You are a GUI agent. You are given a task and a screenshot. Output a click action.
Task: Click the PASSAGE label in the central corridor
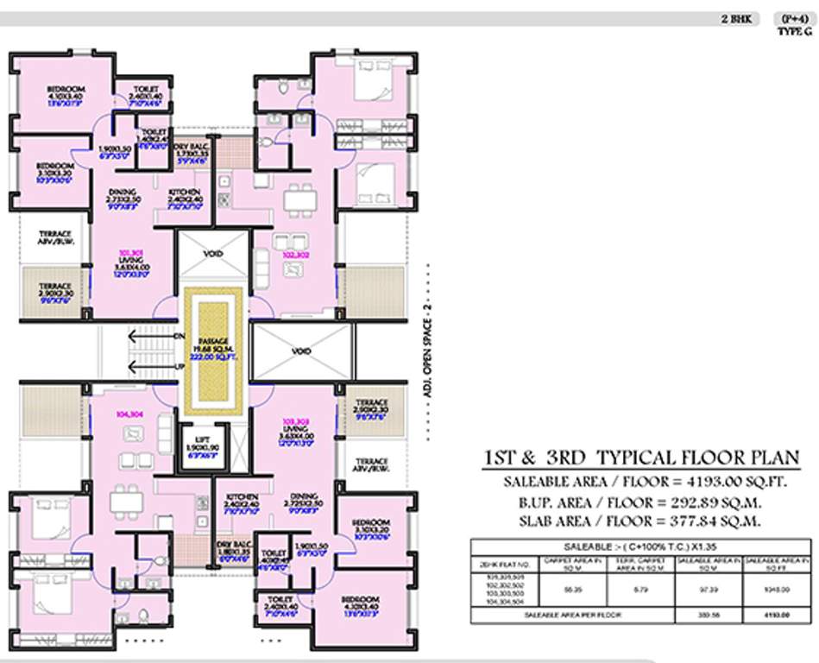(x=212, y=342)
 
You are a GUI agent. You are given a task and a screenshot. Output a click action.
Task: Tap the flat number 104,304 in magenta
(x=132, y=414)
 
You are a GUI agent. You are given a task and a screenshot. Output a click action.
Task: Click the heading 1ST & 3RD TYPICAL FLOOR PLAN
(x=639, y=458)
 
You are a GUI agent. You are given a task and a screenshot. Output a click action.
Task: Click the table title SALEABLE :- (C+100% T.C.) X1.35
(x=640, y=546)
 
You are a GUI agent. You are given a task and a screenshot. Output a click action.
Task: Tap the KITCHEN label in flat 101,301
(x=184, y=192)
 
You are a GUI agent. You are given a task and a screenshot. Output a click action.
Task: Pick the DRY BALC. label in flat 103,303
(x=233, y=545)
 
